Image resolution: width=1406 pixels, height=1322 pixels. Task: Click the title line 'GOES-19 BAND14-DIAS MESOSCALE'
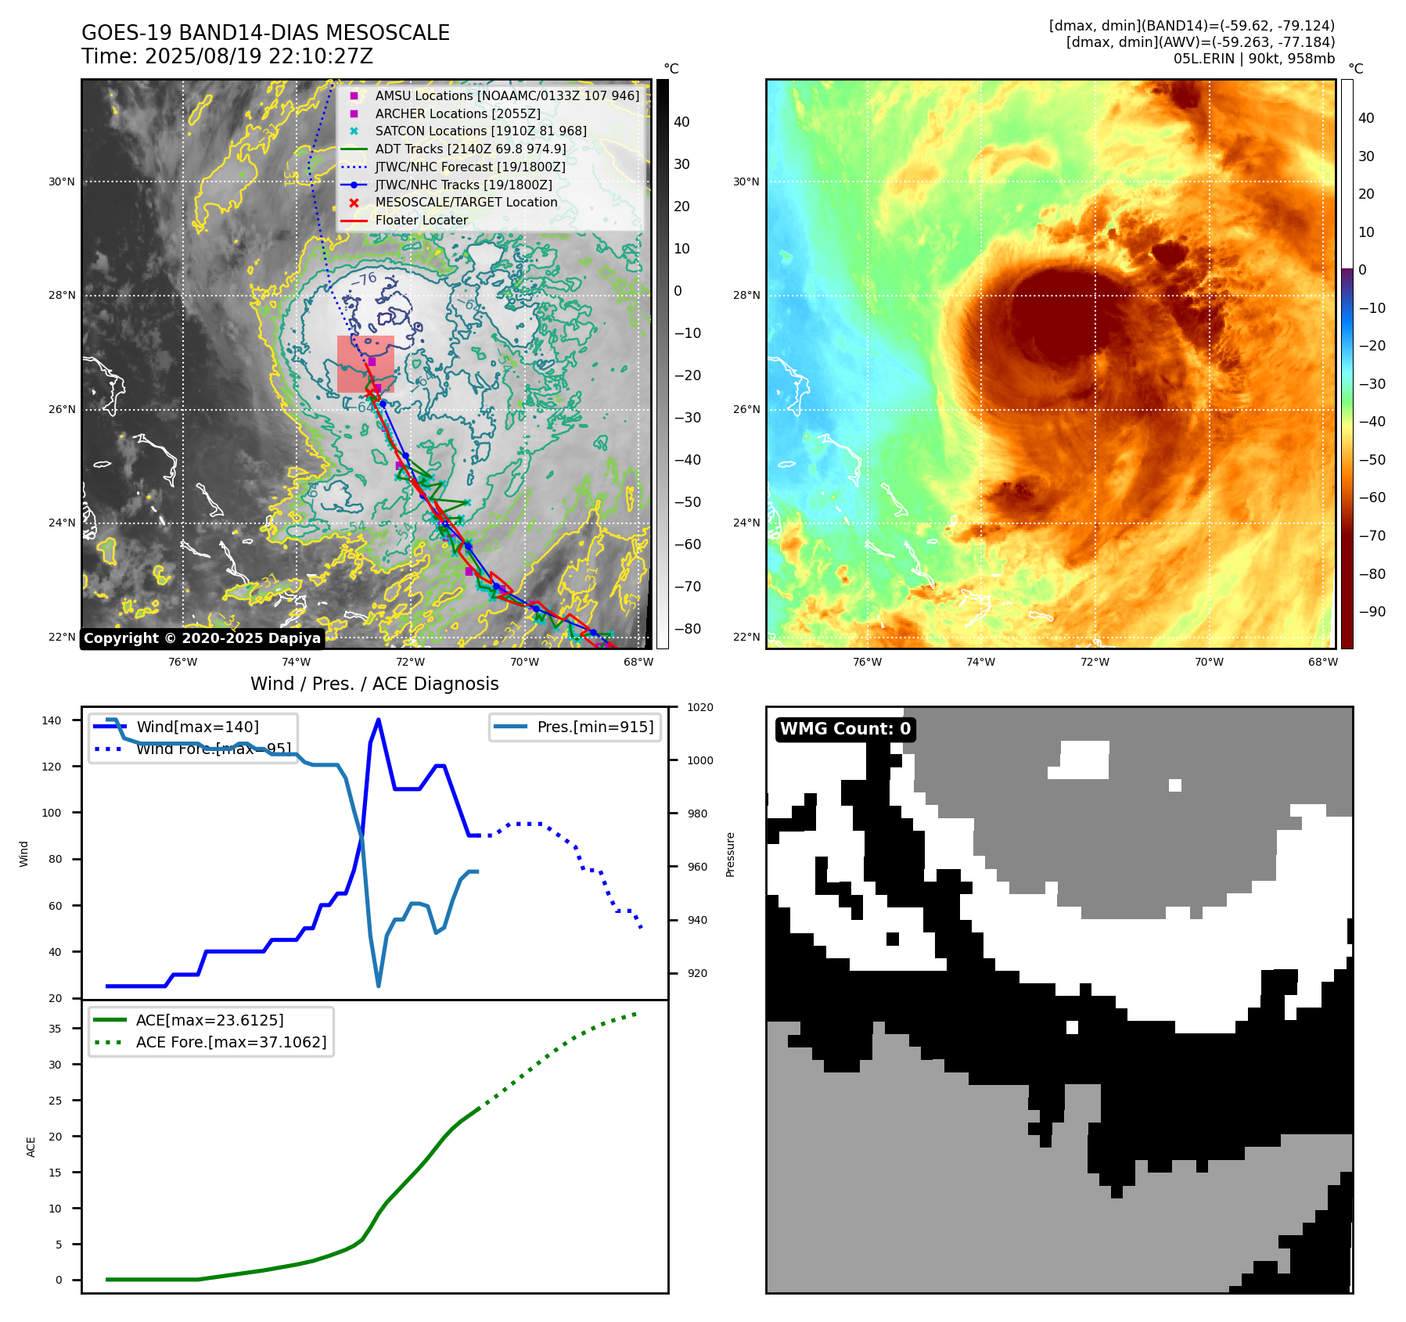tap(265, 33)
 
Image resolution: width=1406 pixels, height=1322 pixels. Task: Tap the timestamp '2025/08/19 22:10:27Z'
tap(259, 57)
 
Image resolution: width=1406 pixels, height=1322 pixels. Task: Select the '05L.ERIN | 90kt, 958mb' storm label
tap(1253, 59)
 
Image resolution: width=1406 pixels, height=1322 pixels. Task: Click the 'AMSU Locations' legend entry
tap(506, 95)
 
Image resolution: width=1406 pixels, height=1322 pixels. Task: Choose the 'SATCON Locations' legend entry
tap(480, 131)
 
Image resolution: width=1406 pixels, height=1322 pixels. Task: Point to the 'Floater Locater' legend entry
tap(421, 220)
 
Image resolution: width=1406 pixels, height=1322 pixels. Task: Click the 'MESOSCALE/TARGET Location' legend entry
tap(466, 202)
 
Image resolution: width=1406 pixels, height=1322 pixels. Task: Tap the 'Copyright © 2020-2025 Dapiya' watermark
tap(202, 638)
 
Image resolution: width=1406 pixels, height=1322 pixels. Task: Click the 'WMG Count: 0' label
tap(845, 729)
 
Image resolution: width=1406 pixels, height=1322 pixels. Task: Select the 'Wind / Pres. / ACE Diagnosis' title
tap(374, 684)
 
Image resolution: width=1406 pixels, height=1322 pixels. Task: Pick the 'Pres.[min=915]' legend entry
tap(595, 727)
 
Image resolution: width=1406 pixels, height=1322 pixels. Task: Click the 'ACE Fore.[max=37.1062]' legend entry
tap(231, 1042)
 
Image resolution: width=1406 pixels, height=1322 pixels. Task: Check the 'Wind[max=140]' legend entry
tap(197, 727)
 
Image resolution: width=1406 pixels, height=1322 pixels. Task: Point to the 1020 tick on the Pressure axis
tap(699, 707)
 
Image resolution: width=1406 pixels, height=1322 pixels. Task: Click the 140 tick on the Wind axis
tap(52, 720)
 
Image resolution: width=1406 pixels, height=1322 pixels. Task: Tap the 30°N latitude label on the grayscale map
tap(62, 182)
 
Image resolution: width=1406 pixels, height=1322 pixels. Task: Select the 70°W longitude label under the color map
tap(1209, 662)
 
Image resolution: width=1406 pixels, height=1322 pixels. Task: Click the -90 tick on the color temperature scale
tap(1372, 612)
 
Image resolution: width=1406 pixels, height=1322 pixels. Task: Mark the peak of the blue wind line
tap(379, 720)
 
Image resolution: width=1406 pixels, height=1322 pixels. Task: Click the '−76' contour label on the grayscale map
tap(363, 280)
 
